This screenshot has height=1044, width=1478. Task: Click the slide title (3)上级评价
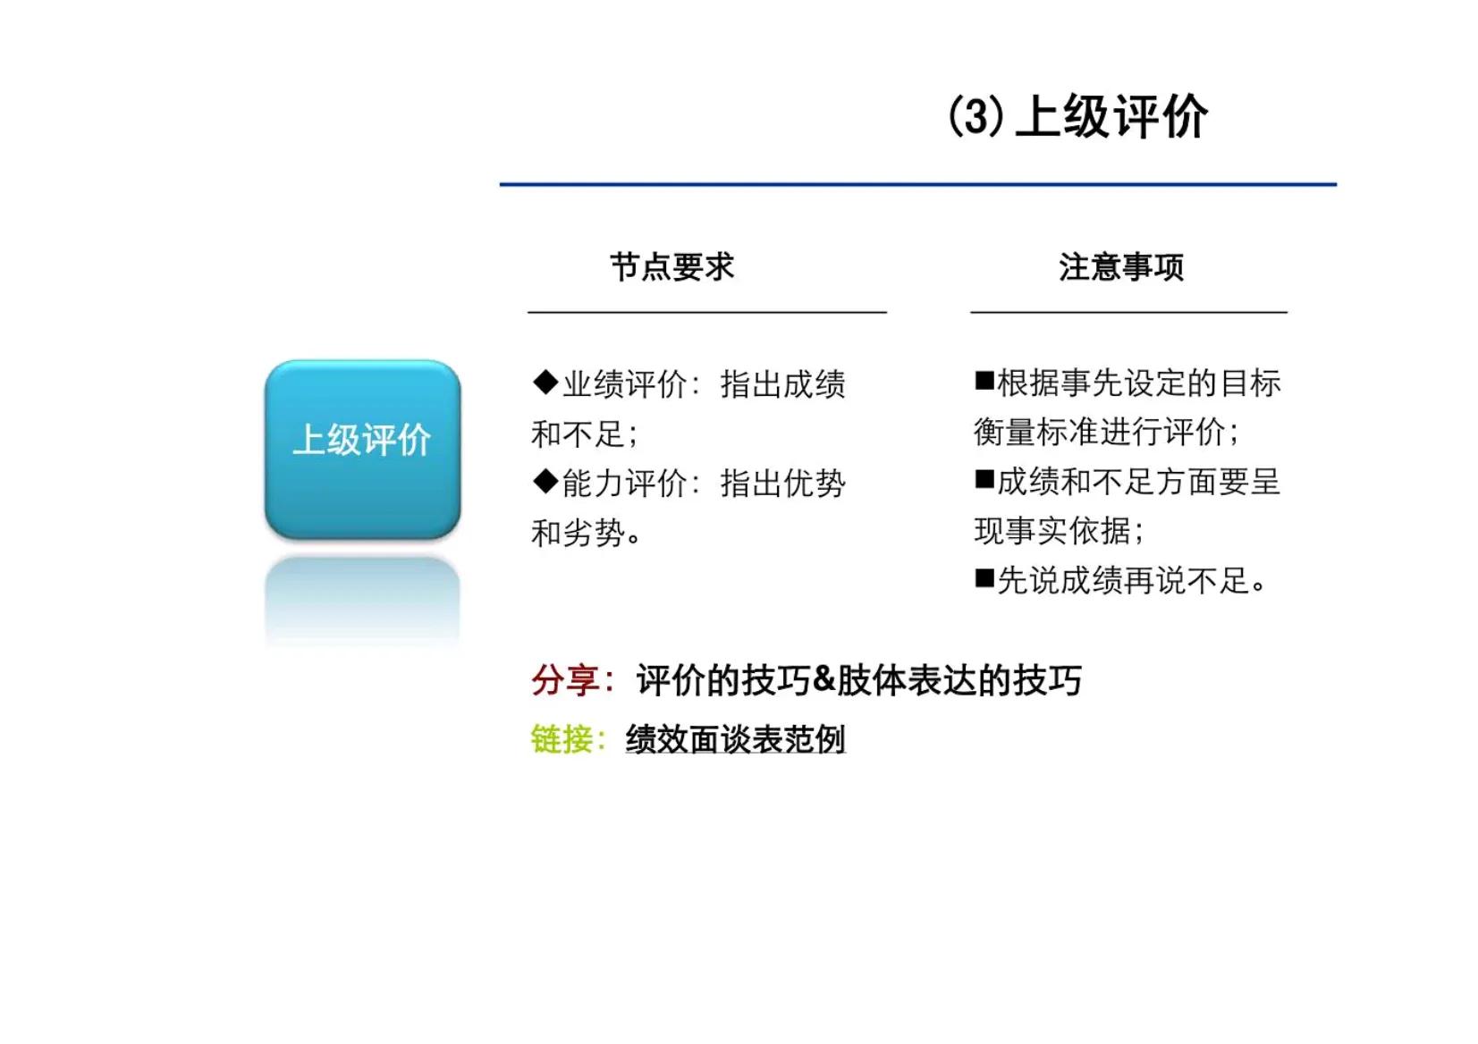[x=1077, y=117]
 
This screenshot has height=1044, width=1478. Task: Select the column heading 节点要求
[x=671, y=267]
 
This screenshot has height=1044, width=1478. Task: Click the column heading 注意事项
[x=1121, y=267]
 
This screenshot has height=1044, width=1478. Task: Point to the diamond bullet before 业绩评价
[x=545, y=383]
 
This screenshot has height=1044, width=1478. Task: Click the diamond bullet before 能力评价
[x=545, y=482]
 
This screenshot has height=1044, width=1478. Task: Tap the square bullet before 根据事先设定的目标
[x=984, y=381]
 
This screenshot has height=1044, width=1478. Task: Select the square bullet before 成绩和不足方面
[x=984, y=480]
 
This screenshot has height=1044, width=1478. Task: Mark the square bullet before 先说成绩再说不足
[x=984, y=579]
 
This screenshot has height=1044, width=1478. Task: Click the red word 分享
[x=564, y=681]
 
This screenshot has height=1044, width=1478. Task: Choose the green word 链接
[x=561, y=740]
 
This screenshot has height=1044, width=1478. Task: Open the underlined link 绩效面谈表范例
[x=735, y=740]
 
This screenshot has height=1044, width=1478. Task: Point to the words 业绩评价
[x=624, y=384]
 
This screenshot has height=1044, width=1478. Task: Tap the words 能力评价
[x=624, y=484]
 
